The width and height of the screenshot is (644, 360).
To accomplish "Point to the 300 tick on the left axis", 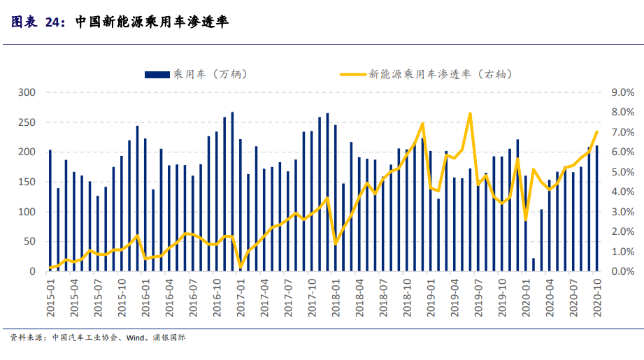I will tap(27, 92).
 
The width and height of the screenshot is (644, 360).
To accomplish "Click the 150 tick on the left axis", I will tap(27, 182).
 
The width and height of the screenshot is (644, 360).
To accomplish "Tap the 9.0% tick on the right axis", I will tap(623, 92).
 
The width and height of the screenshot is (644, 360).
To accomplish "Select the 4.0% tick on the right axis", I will tap(623, 192).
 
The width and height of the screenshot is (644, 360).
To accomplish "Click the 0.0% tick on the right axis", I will tap(623, 271).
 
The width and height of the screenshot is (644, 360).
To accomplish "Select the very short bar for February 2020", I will tap(534, 265).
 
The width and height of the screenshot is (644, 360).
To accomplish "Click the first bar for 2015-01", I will tap(50, 210).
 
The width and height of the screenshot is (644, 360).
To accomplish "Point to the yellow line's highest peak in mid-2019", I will tap(470, 113).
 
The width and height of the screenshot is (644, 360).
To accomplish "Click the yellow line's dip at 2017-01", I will tap(241, 267).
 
